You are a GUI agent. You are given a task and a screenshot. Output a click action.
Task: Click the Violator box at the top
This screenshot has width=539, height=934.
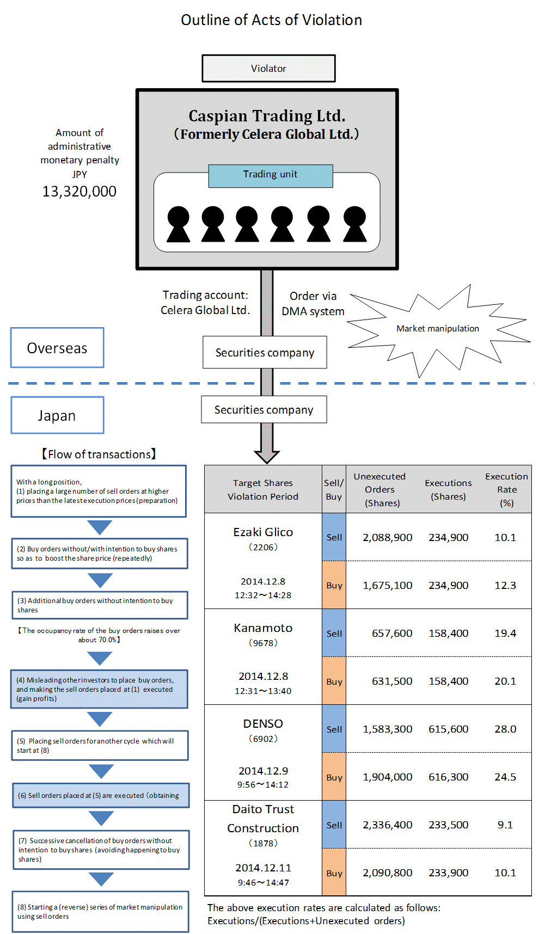[268, 69]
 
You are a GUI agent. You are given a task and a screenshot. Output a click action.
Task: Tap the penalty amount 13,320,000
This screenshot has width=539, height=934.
[79, 192]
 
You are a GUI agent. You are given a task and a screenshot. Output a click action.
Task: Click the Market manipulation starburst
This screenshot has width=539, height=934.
[438, 329]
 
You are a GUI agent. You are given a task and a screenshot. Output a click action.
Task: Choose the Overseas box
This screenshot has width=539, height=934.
[57, 348]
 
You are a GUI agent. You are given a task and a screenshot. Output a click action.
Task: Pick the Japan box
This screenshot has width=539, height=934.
[57, 415]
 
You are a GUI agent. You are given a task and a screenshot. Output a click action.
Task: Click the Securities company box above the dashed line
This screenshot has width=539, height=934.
[265, 353]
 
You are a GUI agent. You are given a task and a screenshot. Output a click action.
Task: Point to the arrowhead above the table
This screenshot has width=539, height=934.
[266, 456]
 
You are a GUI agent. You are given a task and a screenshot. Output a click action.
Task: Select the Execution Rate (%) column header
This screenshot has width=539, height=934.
[506, 489]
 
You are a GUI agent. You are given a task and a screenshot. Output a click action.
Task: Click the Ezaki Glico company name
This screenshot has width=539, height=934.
[263, 532]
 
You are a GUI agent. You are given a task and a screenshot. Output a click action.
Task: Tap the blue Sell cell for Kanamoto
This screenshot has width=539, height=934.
[334, 634]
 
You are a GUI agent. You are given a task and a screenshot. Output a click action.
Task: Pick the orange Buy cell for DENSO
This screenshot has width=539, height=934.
[334, 777]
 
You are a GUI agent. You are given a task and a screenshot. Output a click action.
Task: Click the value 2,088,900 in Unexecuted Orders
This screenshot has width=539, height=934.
[388, 538]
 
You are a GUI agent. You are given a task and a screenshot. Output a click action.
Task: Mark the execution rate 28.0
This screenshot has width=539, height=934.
[505, 729]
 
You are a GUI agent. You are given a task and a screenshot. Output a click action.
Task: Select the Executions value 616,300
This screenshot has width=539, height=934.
[448, 777]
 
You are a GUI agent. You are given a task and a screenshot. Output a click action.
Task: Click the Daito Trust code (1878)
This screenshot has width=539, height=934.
[263, 843]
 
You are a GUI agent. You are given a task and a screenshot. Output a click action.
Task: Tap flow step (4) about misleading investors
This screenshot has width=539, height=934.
[99, 689]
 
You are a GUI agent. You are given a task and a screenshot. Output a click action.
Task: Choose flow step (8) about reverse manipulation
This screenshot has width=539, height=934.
[100, 912]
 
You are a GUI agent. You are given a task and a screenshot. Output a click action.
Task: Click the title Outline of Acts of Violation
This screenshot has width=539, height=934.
[271, 20]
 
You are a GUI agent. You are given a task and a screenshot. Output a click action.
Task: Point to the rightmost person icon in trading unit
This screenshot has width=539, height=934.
[355, 224]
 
